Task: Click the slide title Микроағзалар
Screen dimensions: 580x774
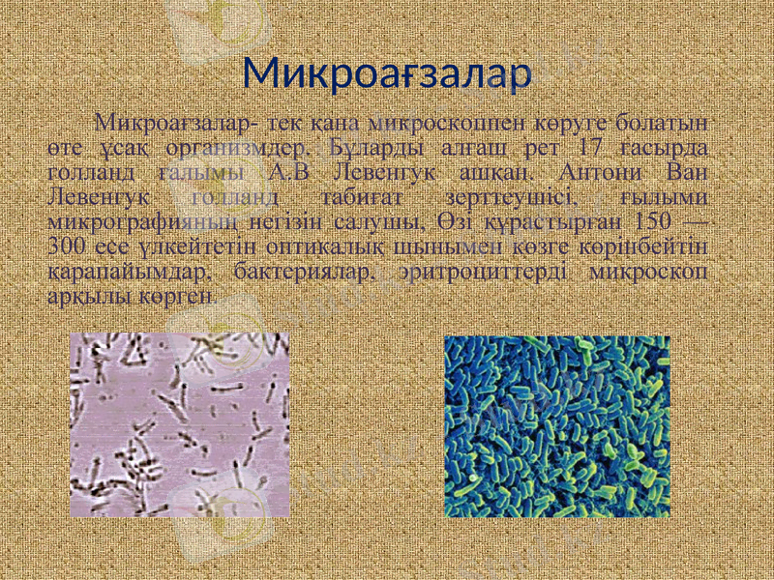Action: click(387, 73)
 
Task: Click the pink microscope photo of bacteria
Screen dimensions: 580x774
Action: click(180, 424)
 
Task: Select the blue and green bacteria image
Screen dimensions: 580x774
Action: click(556, 426)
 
